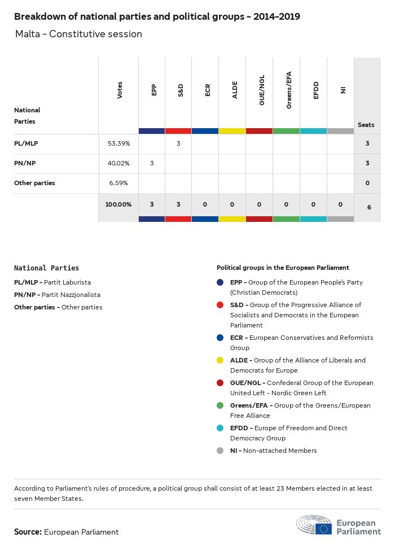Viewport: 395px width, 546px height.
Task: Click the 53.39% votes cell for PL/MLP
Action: pyautogui.click(x=118, y=143)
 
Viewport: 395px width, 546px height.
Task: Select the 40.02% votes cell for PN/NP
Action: pyautogui.click(x=118, y=163)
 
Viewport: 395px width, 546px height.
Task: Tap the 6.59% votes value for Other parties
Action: pyautogui.click(x=118, y=183)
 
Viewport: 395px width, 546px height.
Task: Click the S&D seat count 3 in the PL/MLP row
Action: pyautogui.click(x=178, y=143)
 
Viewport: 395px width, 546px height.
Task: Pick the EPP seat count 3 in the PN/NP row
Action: pyautogui.click(x=151, y=163)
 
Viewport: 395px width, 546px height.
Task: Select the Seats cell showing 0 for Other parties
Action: pyautogui.click(x=367, y=183)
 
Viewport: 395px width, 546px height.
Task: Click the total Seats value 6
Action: pyautogui.click(x=369, y=207)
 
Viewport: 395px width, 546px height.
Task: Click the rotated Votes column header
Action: pyautogui.click(x=120, y=90)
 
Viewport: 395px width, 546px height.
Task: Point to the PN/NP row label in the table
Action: pyautogui.click(x=25, y=163)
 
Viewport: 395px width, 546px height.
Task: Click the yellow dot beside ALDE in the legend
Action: pyautogui.click(x=220, y=360)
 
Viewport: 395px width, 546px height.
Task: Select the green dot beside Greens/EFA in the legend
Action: pyautogui.click(x=220, y=405)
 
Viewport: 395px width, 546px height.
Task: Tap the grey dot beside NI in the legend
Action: pyautogui.click(x=220, y=451)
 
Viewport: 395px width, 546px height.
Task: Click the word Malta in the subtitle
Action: pyautogui.click(x=28, y=34)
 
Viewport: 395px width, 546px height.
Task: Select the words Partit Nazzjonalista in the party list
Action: pyautogui.click(x=76, y=295)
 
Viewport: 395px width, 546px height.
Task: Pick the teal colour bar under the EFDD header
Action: pyautogui.click(x=313, y=131)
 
